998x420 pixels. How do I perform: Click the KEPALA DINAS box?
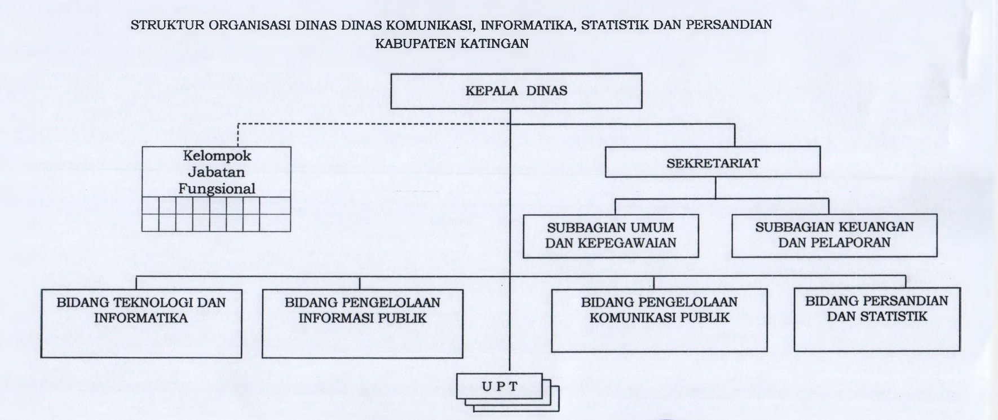tap(516, 90)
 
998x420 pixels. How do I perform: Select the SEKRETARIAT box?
tap(713, 162)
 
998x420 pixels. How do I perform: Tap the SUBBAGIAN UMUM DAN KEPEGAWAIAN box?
tap(611, 236)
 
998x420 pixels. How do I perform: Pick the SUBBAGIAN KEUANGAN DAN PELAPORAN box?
tap(834, 235)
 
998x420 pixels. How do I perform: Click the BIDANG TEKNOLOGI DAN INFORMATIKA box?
tap(141, 324)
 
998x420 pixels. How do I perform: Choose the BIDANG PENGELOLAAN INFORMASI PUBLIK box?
tap(363, 324)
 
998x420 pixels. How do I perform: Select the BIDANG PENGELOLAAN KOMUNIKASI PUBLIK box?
tap(659, 320)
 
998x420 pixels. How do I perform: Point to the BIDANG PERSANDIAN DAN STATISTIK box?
tap(877, 319)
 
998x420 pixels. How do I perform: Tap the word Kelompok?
tap(217, 155)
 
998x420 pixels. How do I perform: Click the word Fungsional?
tap(217, 189)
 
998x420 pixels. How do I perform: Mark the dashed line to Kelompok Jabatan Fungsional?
tap(374, 123)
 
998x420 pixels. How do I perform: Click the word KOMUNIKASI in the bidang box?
tap(626, 317)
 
